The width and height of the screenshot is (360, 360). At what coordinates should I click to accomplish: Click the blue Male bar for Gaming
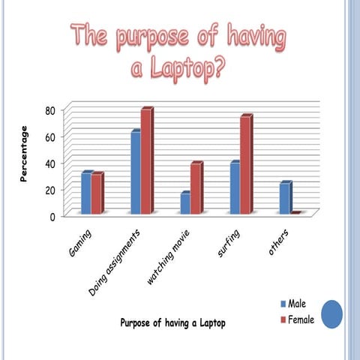tap(86, 193)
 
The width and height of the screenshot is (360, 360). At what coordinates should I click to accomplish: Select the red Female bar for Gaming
tap(97, 194)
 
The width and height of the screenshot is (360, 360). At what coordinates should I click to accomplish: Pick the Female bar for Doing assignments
tap(146, 162)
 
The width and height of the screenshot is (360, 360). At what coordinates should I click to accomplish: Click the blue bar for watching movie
tap(184, 204)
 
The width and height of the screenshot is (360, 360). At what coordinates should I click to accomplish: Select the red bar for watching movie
tap(196, 189)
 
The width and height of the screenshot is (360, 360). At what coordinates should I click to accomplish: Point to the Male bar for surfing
tap(235, 188)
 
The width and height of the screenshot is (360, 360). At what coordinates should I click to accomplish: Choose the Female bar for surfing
tap(245, 166)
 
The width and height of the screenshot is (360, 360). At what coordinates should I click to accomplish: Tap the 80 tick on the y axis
tap(49, 110)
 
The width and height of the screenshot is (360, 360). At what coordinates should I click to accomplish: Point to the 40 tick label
tap(49, 163)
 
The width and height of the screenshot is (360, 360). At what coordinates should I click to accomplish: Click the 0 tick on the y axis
tap(52, 217)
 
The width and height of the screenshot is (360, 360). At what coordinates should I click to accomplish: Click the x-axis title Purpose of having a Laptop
tap(172, 322)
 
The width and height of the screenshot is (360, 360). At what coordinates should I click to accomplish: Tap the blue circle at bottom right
tap(331, 313)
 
